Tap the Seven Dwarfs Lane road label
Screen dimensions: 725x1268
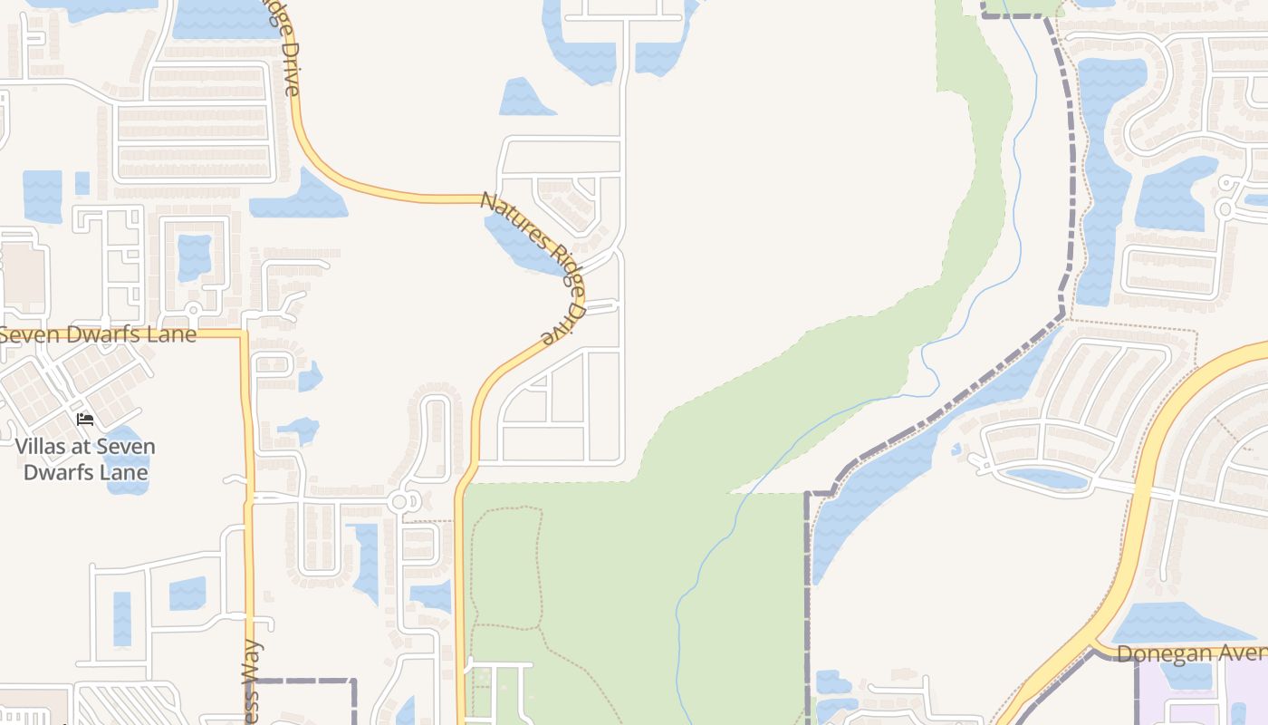click(x=98, y=334)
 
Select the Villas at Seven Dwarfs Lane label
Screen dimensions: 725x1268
click(x=85, y=459)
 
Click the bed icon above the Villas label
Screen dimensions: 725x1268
click(x=85, y=419)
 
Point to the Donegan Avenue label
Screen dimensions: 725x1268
click(x=1191, y=653)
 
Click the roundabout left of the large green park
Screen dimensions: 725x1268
click(x=400, y=500)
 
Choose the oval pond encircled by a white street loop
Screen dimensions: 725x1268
click(x=1046, y=478)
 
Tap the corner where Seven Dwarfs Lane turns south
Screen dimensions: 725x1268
click(x=245, y=334)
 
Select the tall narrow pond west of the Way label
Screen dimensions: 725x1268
click(x=122, y=618)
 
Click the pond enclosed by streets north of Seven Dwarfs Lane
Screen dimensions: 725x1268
click(x=194, y=256)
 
